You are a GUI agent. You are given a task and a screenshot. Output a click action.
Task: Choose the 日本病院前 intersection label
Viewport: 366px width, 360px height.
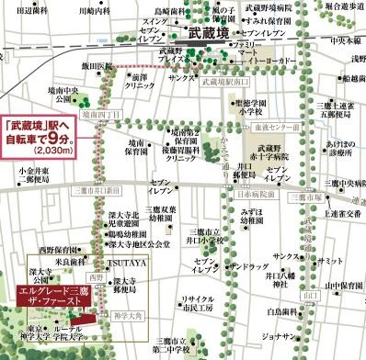click(x=255, y=194)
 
